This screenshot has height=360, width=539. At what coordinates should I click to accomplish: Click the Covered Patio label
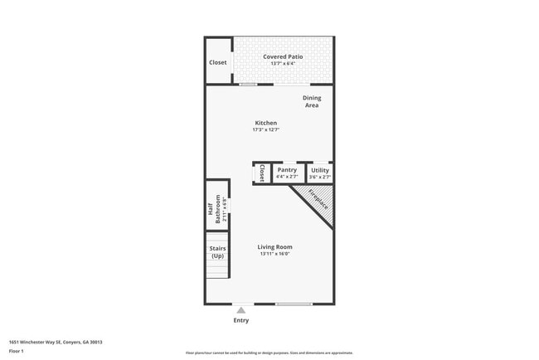tap(283, 56)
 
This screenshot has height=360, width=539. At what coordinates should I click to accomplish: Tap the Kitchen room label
tap(265, 123)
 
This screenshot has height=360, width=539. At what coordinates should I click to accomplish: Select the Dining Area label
tap(311, 101)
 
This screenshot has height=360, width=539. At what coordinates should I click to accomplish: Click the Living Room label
tap(274, 246)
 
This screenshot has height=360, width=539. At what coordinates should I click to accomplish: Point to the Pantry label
tap(287, 170)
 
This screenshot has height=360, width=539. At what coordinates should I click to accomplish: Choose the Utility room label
tap(319, 170)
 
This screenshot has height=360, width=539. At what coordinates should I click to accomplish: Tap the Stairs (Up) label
tap(217, 252)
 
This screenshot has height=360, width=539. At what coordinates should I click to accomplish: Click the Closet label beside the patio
tap(218, 62)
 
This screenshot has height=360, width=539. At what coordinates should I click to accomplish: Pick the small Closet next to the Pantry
tap(262, 173)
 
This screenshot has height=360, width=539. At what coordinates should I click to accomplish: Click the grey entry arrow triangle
tap(241, 310)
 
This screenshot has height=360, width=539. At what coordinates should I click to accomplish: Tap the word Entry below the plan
tap(241, 320)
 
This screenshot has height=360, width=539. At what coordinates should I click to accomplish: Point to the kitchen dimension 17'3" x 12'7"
tap(265, 129)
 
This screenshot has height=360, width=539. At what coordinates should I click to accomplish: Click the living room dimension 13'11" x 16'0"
tap(274, 254)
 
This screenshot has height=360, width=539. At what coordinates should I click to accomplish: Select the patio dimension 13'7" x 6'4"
tap(283, 63)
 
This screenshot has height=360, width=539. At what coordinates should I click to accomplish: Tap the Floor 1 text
tap(17, 351)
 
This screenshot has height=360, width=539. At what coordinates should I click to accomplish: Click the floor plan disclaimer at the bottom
tap(269, 353)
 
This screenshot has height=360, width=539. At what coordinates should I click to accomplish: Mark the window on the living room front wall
tap(294, 304)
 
